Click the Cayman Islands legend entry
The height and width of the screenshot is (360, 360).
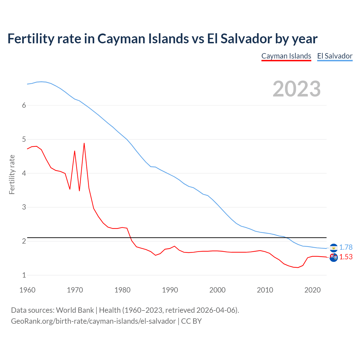286,56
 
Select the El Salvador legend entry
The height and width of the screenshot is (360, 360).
335,56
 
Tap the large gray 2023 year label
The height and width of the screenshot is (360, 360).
297,89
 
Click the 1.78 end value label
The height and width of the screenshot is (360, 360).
346,247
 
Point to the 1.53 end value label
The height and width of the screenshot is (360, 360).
346,257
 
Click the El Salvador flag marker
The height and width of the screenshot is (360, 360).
334,248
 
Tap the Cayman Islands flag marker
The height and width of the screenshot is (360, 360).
334,257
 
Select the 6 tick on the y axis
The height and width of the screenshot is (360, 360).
24,105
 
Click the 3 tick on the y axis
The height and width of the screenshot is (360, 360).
24,207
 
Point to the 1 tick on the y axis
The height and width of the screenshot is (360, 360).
24,275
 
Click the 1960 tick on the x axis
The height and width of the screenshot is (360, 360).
27,290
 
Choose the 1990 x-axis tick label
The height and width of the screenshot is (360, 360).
170,290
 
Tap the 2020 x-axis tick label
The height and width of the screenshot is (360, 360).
312,290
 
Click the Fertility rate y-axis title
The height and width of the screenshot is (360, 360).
12,174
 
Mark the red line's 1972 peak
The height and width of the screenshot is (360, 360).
84,143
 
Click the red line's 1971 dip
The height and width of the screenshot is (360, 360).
79,191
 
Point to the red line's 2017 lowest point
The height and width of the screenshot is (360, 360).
298,267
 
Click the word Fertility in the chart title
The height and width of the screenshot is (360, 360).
30,39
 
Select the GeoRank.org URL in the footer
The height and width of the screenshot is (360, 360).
93,321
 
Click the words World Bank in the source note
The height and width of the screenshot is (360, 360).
75,310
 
